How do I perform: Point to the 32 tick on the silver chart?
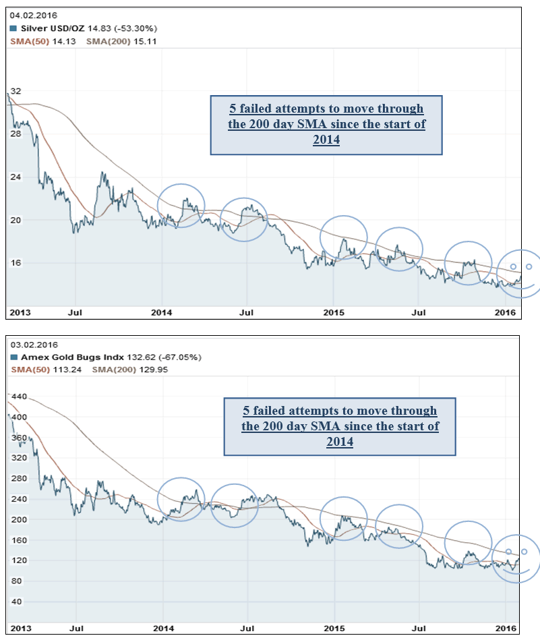click(x=16, y=91)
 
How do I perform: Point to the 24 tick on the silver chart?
click(x=16, y=177)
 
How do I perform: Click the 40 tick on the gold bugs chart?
click(x=16, y=602)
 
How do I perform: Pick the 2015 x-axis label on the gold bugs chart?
click(x=334, y=628)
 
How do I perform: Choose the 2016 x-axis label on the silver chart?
click(x=506, y=313)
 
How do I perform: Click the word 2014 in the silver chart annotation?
click(x=327, y=140)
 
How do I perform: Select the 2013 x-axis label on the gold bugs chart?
click(x=20, y=628)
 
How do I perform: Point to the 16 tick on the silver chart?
click(x=16, y=262)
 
